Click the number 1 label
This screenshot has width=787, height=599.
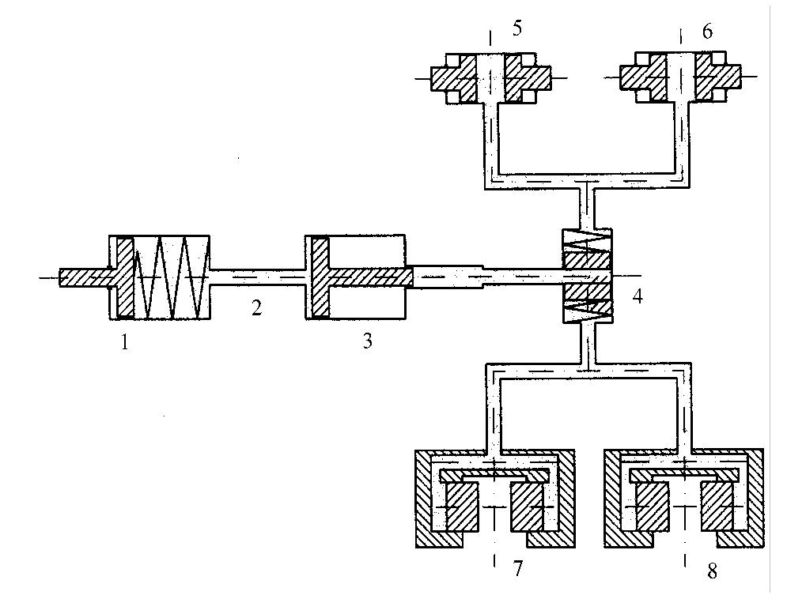pyautogui.click(x=124, y=343)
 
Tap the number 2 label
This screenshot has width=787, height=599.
pyautogui.click(x=255, y=307)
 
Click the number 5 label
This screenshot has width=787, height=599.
pyautogui.click(x=516, y=29)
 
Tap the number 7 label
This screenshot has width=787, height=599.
pyautogui.click(x=518, y=569)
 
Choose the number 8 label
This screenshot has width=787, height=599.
pyautogui.click(x=712, y=571)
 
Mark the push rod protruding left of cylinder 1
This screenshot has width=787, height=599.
pyautogui.click(x=83, y=277)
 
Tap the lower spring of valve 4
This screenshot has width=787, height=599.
pyautogui.click(x=586, y=310)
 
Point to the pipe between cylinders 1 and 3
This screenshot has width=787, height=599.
pyautogui.click(x=257, y=277)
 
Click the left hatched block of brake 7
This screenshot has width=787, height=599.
pyautogui.click(x=463, y=506)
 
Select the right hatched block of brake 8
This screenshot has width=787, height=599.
pyautogui.click(x=721, y=506)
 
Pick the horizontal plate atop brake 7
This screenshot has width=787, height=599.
pyautogui.click(x=495, y=474)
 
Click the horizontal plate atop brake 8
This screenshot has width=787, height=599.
pyautogui.click(x=685, y=474)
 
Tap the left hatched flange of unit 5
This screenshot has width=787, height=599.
pyautogui.click(x=453, y=77)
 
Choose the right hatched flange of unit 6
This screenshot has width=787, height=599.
pyautogui.click(x=717, y=77)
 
